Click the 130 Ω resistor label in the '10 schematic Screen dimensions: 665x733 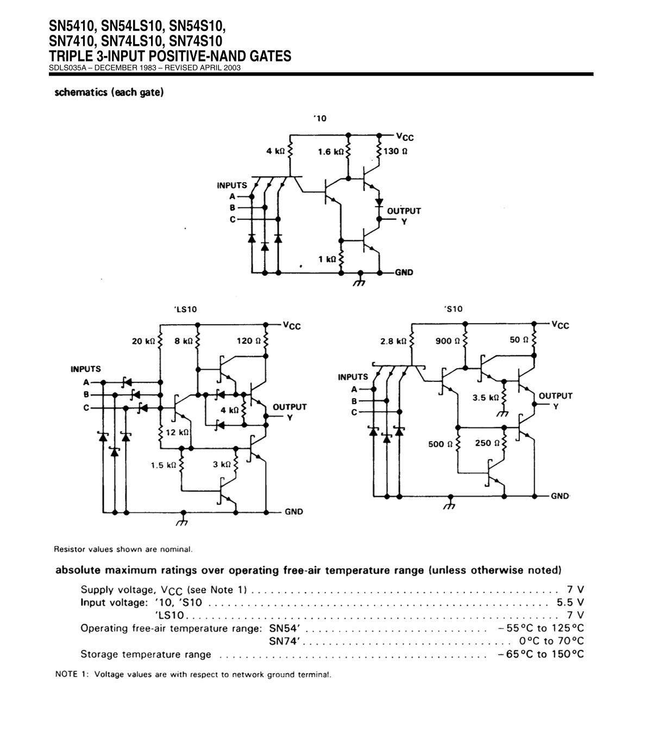pyautogui.click(x=395, y=151)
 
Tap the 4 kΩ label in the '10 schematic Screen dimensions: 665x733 pyautogui.click(x=275, y=151)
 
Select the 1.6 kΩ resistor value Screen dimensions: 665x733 pyautogui.click(x=331, y=151)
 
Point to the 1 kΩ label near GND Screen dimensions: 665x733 pyautogui.click(x=327, y=259)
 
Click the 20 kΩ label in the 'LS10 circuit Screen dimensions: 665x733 pyautogui.click(x=143, y=341)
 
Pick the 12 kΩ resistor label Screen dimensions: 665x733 pyautogui.click(x=177, y=432)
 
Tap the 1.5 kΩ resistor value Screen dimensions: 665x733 pyautogui.click(x=164, y=465)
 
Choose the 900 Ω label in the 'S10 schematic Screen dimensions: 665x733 pyautogui.click(x=447, y=341)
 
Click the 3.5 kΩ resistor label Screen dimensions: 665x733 pyautogui.click(x=486, y=397)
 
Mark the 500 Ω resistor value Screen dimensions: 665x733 pyautogui.click(x=441, y=444)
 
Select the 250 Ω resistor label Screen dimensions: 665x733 pyautogui.click(x=487, y=443)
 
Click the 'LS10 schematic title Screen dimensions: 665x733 pyautogui.click(x=185, y=309)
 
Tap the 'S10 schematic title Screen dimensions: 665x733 pyautogui.click(x=454, y=309)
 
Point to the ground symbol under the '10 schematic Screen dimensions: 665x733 pyautogui.click(x=360, y=279)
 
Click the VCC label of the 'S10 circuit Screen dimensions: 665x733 pyautogui.click(x=560, y=325)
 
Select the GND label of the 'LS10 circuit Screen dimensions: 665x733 pyautogui.click(x=294, y=512)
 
